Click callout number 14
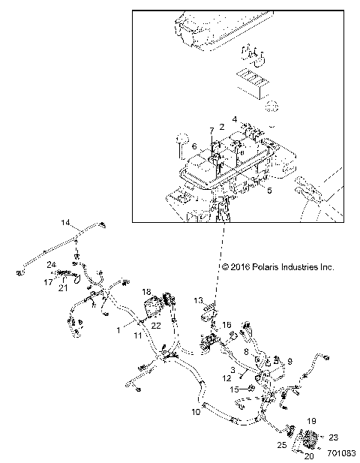[65, 223]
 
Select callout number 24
[51, 264]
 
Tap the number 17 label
[47, 282]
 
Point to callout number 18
[146, 290]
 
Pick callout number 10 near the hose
[196, 413]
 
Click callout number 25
[281, 446]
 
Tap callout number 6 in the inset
[193, 146]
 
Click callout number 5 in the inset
[269, 191]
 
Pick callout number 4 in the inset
[235, 119]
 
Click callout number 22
[155, 325]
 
